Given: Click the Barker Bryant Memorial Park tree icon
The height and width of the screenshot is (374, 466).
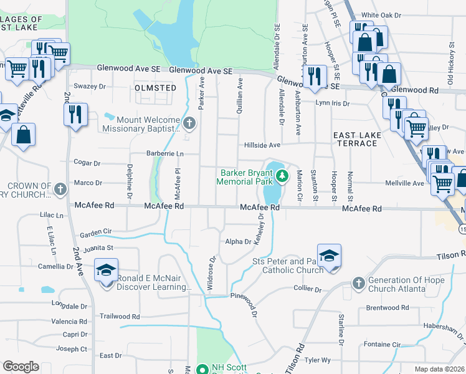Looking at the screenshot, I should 282,176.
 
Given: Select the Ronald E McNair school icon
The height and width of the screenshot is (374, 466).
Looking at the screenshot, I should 106,272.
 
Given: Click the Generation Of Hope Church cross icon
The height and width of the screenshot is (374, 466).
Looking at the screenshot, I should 358,284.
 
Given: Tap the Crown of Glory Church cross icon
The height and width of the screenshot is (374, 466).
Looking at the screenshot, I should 60,188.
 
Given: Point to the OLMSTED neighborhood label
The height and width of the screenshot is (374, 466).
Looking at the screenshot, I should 156,88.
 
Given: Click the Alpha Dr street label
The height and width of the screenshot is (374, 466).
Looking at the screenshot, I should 238,241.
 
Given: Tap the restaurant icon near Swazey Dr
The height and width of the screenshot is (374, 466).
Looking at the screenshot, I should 74,115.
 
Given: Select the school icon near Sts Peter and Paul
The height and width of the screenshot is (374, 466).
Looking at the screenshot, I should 329,256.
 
